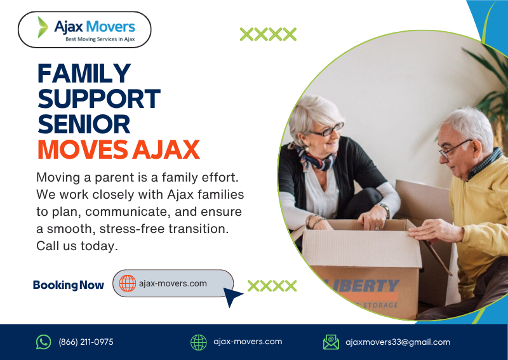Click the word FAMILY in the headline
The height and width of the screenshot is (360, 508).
84,74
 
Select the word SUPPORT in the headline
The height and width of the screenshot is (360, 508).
98,99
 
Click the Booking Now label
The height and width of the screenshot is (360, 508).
68,285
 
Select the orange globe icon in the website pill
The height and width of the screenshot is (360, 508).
128,284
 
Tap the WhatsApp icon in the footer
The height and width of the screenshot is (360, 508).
43,342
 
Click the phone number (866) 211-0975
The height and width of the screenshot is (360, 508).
86,342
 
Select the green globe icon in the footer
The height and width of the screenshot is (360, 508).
199,342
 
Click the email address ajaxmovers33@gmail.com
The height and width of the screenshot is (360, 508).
398,342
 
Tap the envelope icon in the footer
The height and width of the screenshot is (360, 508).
331,342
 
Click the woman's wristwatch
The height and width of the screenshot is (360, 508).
385,210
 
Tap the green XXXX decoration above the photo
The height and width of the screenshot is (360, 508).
268,34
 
